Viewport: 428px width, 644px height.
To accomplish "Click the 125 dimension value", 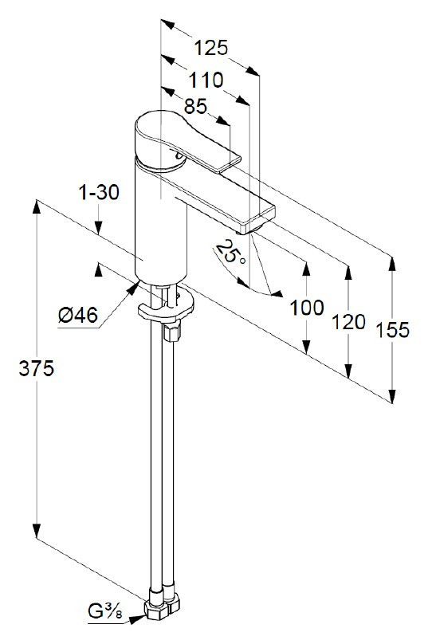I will coord(211,48).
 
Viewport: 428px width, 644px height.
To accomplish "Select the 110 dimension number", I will coord(206,80).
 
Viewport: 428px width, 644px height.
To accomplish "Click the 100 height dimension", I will coord(307,307).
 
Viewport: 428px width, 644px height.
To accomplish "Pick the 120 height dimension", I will coord(348,322).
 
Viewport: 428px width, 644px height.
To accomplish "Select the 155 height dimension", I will coord(393,329).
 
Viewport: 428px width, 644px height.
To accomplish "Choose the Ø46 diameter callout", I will coord(77,316).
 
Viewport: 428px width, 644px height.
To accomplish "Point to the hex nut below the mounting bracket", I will coord(169,331).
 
